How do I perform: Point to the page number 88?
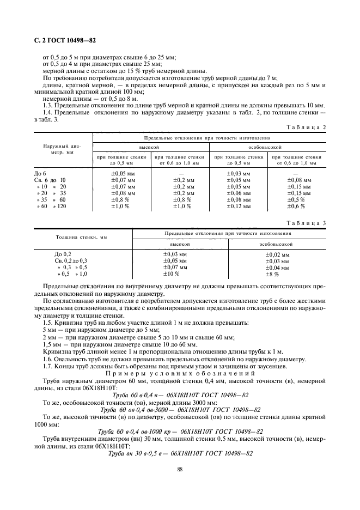coord(179,468)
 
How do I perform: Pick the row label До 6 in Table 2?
coord(41,173)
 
